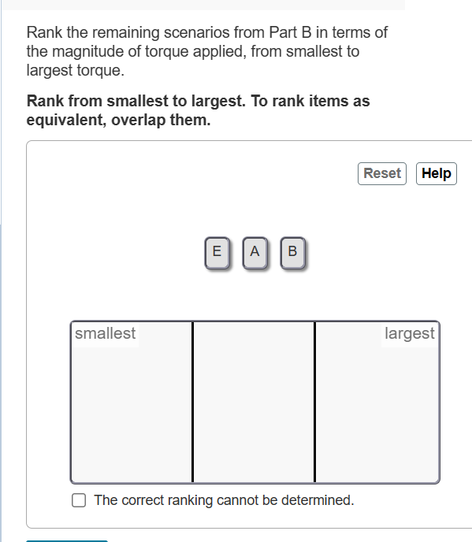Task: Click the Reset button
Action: point(382,173)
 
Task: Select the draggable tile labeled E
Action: point(216,252)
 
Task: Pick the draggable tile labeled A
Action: point(254,252)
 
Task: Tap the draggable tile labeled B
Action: point(292,252)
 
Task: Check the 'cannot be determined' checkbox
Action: point(79,499)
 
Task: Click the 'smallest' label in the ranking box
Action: point(105,333)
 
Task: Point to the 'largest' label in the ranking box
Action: point(409,333)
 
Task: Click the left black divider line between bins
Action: point(192,402)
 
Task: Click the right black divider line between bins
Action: point(314,402)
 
